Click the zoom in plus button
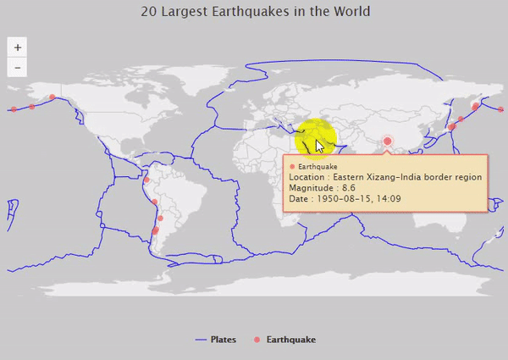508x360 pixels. (x=18, y=48)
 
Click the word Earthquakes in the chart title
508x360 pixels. (x=233, y=12)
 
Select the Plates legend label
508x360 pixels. (x=223, y=340)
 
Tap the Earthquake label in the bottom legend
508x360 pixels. (x=290, y=340)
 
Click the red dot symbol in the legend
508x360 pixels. (x=257, y=340)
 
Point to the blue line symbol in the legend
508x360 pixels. (x=201, y=340)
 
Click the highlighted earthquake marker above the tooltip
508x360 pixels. (x=387, y=141)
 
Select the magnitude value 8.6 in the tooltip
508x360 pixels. (x=348, y=188)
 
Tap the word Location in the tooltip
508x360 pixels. (x=306, y=177)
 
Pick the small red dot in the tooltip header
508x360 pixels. (x=292, y=167)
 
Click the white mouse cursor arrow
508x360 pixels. (x=320, y=146)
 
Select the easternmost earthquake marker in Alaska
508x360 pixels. (x=52, y=97)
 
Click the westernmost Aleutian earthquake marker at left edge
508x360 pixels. (x=14, y=109)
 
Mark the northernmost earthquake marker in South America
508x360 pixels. (x=146, y=180)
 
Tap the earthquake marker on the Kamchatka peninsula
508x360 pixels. (x=475, y=106)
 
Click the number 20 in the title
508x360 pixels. (x=149, y=12)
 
